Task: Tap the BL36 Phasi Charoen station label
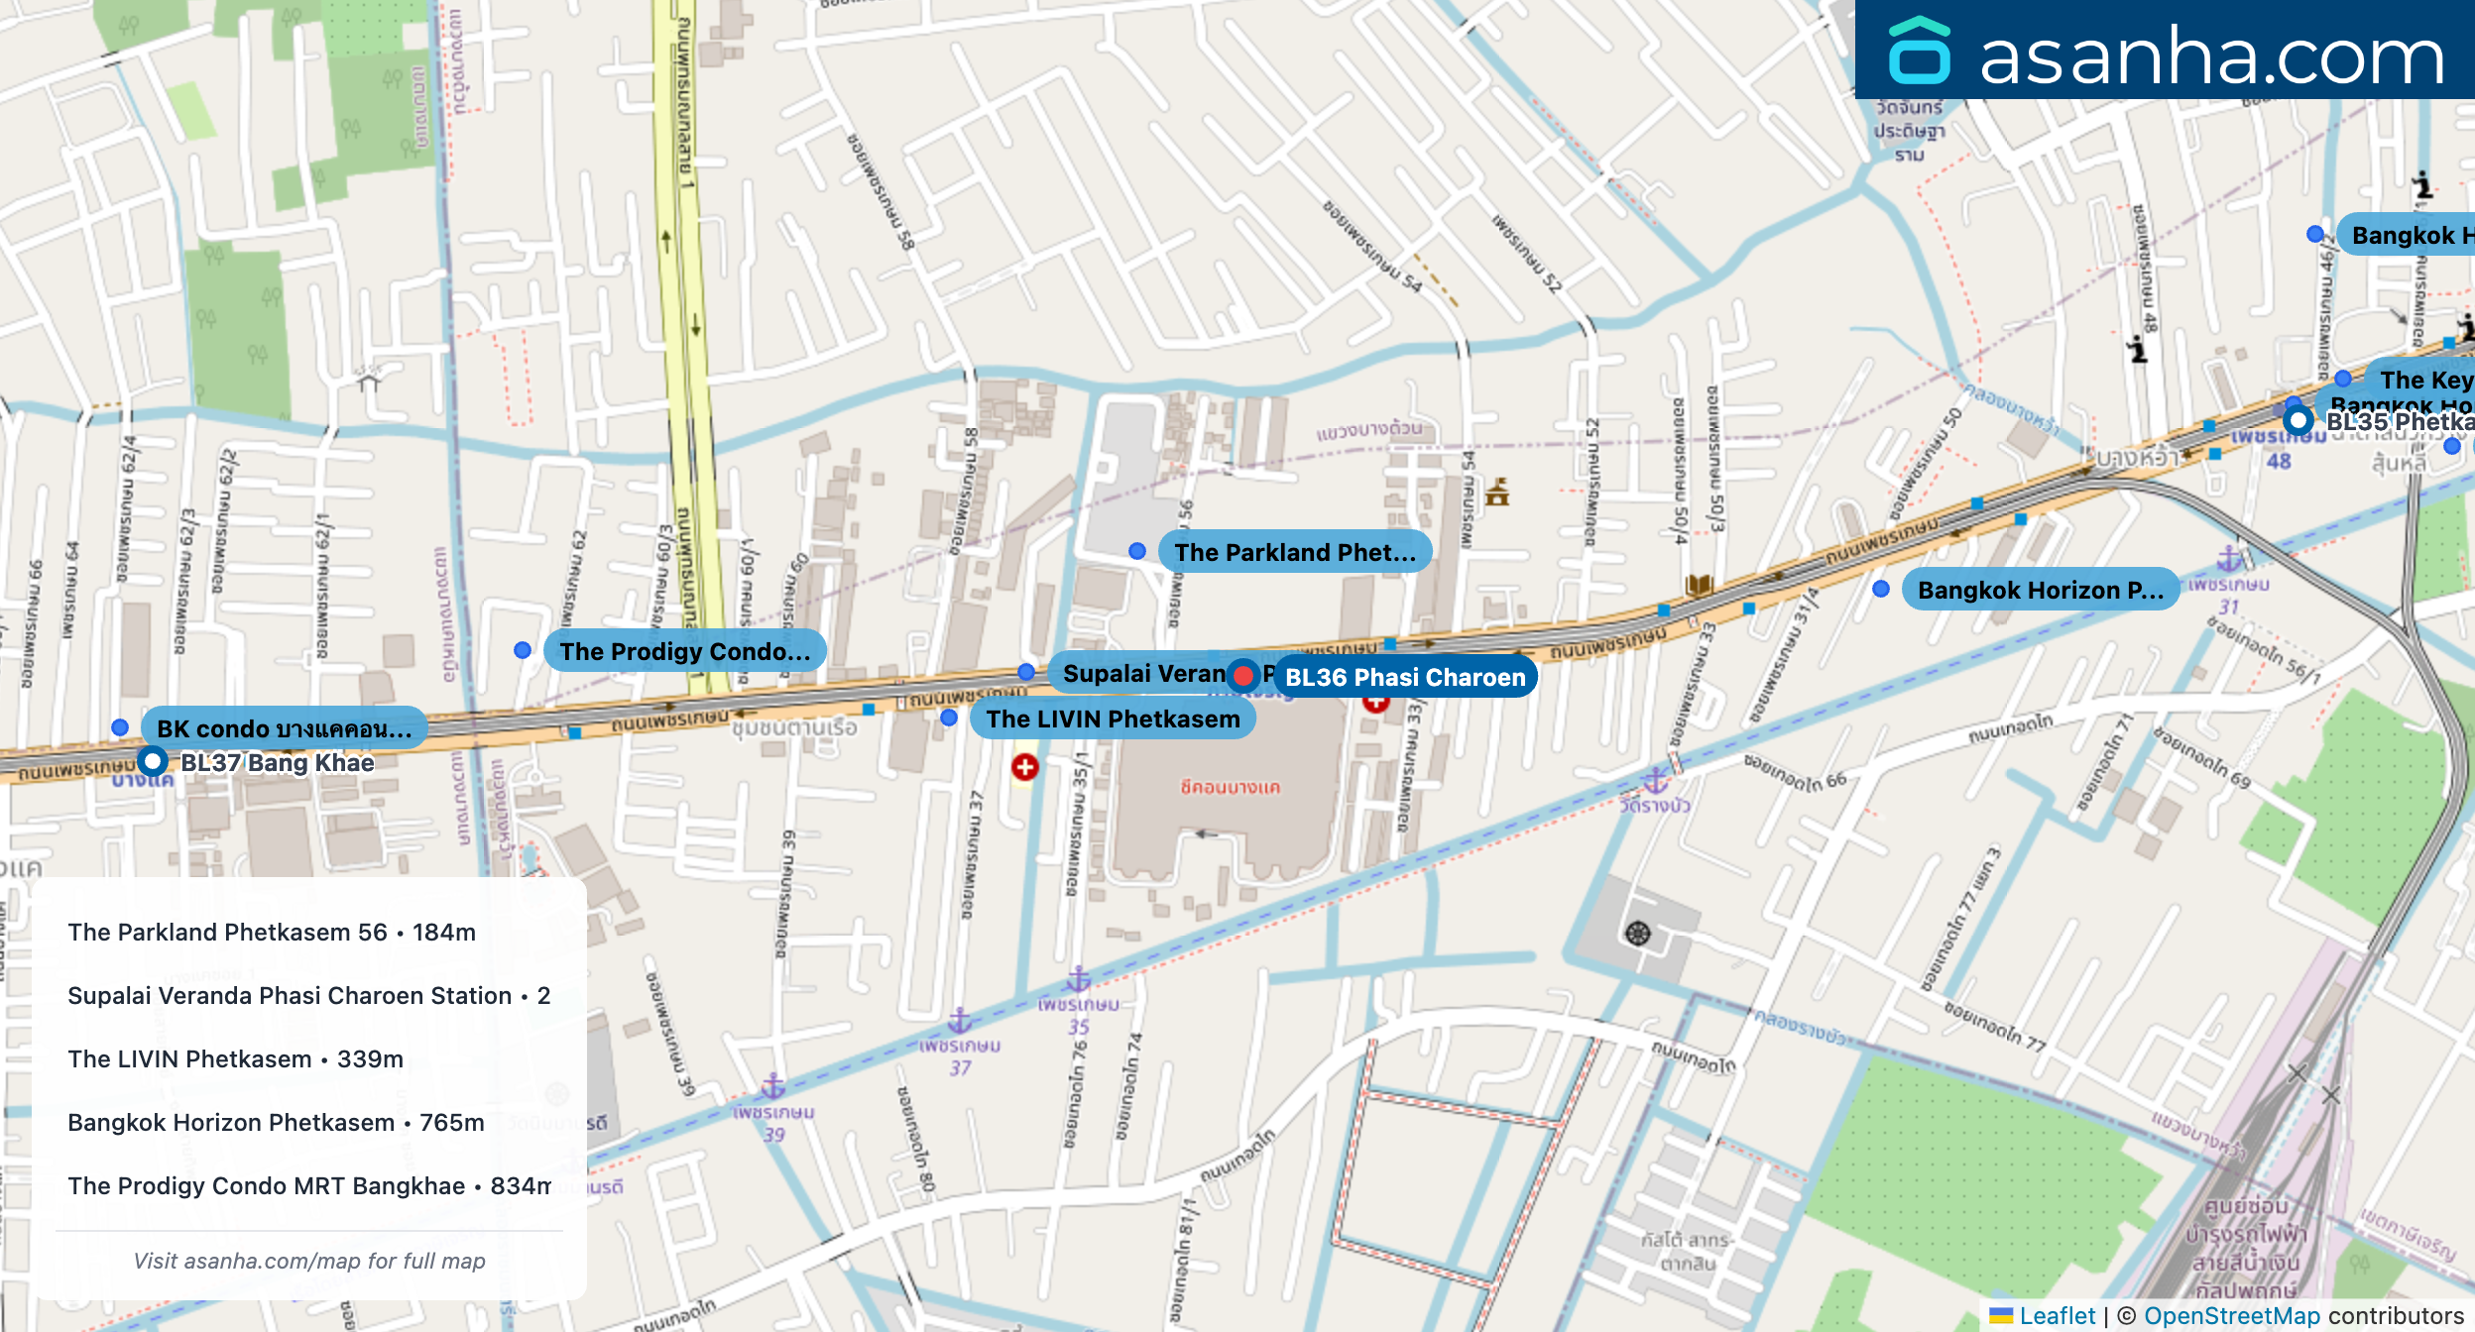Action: (x=1405, y=677)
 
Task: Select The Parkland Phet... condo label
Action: (x=1294, y=552)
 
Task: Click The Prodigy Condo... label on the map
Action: (x=684, y=651)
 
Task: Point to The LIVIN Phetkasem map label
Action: (x=1113, y=719)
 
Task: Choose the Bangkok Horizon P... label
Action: (x=2040, y=590)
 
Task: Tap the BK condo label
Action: (x=284, y=728)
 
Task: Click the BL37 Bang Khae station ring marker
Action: (x=153, y=762)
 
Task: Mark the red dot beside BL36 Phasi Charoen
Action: (x=1242, y=676)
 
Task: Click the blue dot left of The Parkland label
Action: (x=1137, y=551)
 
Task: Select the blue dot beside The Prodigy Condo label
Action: (x=523, y=650)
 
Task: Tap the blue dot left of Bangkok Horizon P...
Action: (x=1881, y=589)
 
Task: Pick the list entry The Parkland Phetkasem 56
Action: (x=272, y=933)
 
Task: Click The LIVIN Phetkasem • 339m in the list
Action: (x=236, y=1059)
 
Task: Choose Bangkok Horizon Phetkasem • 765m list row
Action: (x=276, y=1123)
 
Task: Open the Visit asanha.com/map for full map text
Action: (x=309, y=1261)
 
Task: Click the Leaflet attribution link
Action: (x=2057, y=1315)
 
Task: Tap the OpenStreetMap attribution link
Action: (x=2232, y=1315)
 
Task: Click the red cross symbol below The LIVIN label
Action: (x=1025, y=767)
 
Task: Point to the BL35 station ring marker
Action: (x=2298, y=420)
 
